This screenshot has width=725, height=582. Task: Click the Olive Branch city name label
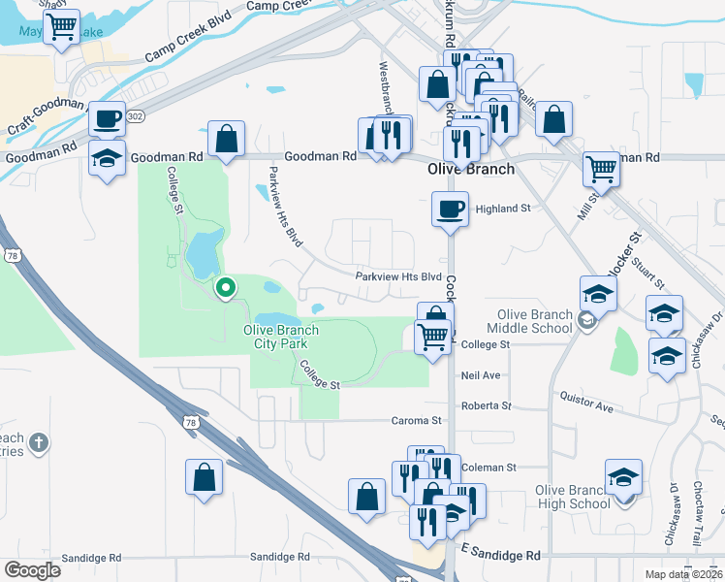click(x=470, y=169)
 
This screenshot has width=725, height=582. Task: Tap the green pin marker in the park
click(x=226, y=288)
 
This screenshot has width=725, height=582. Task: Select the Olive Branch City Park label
click(x=280, y=337)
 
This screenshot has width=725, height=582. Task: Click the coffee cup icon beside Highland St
click(x=450, y=209)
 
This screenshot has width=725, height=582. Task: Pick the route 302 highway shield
click(x=136, y=114)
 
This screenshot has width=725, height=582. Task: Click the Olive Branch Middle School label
click(x=536, y=322)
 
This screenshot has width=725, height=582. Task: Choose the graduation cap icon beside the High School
click(x=623, y=477)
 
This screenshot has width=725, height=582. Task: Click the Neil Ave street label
click(x=481, y=374)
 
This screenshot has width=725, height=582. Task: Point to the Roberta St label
click(x=486, y=405)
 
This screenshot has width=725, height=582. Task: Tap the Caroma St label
click(x=418, y=421)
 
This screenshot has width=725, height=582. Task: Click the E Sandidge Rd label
click(x=501, y=555)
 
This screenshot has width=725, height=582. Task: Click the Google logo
click(x=32, y=570)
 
